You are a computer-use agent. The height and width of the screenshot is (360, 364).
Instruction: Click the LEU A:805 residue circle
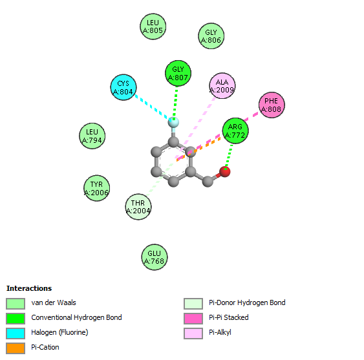pyautogui.click(x=153, y=26)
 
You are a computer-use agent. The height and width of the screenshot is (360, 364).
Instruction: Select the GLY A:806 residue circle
pyautogui.click(x=211, y=36)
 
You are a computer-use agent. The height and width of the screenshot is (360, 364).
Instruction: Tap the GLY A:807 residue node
pyautogui.click(x=178, y=73)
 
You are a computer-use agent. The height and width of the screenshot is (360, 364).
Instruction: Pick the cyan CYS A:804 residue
pyautogui.click(x=123, y=87)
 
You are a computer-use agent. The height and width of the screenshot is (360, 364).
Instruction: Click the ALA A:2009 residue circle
pyautogui.click(x=222, y=86)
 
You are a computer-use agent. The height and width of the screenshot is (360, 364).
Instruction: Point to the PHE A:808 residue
pyautogui.click(x=272, y=105)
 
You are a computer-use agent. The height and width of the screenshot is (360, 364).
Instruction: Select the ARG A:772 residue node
pyautogui.click(x=235, y=131)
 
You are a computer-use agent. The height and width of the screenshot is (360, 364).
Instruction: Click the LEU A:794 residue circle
pyautogui.click(x=92, y=136)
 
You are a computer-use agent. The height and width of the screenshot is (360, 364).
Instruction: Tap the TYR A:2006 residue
pyautogui.click(x=96, y=188)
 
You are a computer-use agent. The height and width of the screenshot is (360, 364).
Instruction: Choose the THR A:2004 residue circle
pyautogui.click(x=138, y=207)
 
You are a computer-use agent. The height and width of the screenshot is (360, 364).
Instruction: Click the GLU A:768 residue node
pyautogui.click(x=155, y=257)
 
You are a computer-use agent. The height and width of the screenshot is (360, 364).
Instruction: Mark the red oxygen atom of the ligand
pyautogui.click(x=225, y=172)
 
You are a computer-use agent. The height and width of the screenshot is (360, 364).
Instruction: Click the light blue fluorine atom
pyautogui.click(x=173, y=122)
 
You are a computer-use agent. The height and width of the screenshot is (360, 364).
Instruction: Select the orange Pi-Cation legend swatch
pyautogui.click(x=16, y=348)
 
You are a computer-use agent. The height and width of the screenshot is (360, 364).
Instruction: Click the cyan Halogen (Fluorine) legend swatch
pyautogui.click(x=16, y=334)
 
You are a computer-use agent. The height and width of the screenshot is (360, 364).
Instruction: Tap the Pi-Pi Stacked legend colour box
pyautogui.click(x=193, y=319)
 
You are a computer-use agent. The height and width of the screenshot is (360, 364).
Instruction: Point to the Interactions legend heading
pyautogui.click(x=29, y=288)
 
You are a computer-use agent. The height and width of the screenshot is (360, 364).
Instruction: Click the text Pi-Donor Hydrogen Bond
pyautogui.click(x=247, y=302)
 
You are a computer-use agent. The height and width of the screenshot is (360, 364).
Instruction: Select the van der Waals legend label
pyautogui.click(x=54, y=302)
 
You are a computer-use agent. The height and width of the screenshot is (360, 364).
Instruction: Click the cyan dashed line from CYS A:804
pyautogui.click(x=153, y=107)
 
